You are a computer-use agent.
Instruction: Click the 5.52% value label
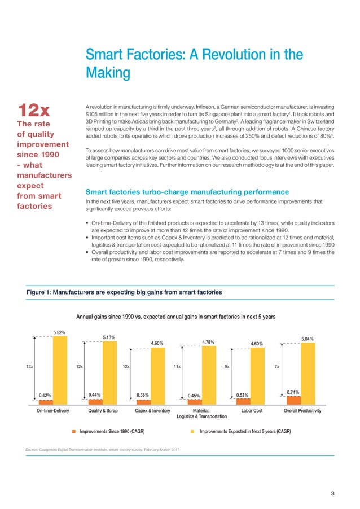60,332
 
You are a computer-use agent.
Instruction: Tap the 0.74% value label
292,391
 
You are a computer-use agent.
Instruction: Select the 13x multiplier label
29,366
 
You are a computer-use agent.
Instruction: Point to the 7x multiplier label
277,366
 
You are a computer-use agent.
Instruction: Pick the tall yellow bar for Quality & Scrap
109,372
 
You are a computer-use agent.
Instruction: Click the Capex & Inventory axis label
153,411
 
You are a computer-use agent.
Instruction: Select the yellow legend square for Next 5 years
192,431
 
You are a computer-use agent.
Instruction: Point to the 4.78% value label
209,341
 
